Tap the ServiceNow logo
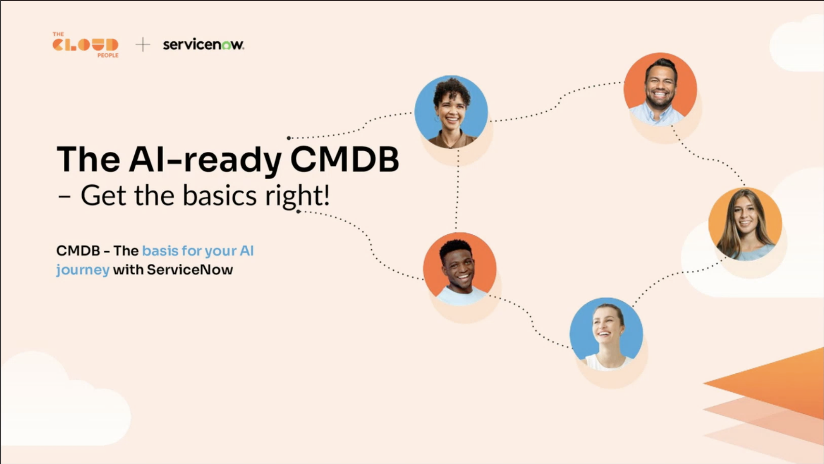click(x=204, y=44)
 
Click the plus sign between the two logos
click(x=143, y=45)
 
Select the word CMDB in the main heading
click(x=344, y=159)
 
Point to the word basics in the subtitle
click(x=219, y=195)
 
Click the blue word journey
click(x=83, y=270)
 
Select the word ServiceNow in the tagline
click(x=190, y=270)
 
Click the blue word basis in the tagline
click(x=160, y=251)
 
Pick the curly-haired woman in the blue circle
click(x=451, y=112)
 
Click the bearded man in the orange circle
click(x=660, y=89)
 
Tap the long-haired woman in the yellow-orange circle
click(x=745, y=224)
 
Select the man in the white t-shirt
click(x=460, y=269)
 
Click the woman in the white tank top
click(x=606, y=334)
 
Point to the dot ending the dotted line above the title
click(x=289, y=138)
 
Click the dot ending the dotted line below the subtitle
click(x=298, y=211)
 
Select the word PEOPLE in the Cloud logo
click(x=108, y=55)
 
